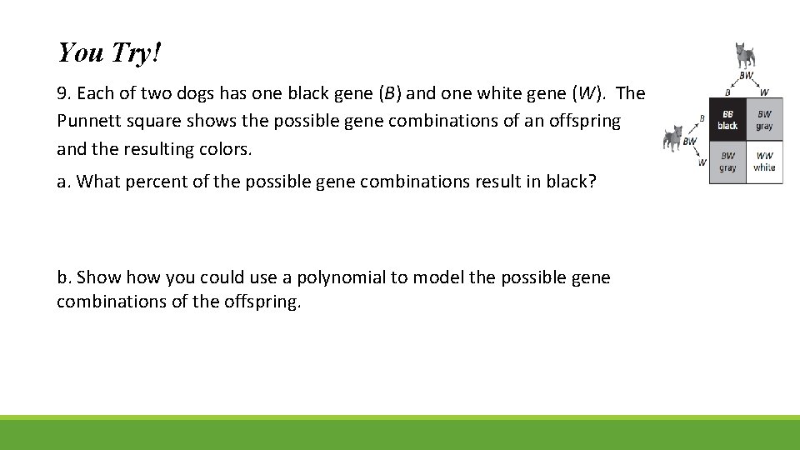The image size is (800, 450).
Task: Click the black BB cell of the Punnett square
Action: [x=727, y=119]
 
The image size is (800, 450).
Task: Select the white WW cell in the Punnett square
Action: [x=764, y=162]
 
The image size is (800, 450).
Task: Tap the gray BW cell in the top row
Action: [x=764, y=119]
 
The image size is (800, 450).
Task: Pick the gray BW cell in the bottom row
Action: [x=727, y=162]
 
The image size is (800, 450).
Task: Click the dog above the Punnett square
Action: [x=744, y=56]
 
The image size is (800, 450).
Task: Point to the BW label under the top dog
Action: [x=746, y=76]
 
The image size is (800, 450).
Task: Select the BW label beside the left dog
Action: [x=690, y=142]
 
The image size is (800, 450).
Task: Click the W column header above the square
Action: [x=764, y=92]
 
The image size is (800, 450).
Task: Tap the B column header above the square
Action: [x=727, y=92]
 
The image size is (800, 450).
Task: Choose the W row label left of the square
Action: [x=702, y=162]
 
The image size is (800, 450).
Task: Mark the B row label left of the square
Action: [x=702, y=119]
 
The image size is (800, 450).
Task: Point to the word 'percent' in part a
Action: [x=151, y=182]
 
